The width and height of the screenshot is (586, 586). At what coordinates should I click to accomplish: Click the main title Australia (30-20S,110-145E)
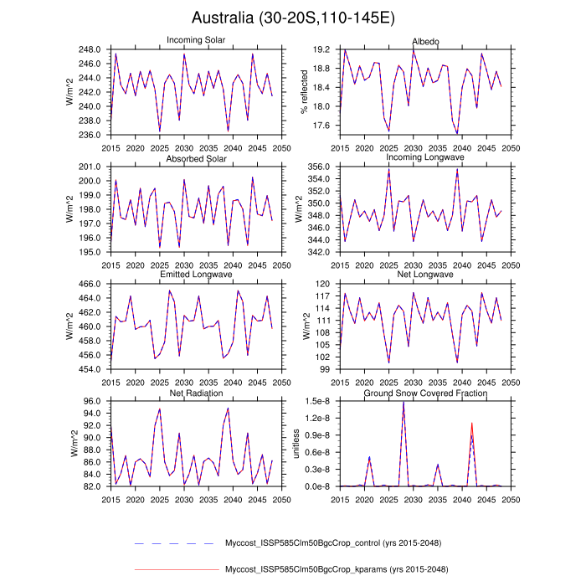pyautogui.click(x=293, y=18)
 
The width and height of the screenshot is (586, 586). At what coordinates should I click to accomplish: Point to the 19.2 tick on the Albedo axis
pyautogui.click(x=323, y=50)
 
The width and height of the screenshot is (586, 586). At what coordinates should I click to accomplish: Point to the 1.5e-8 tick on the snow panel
pyautogui.click(x=319, y=401)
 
